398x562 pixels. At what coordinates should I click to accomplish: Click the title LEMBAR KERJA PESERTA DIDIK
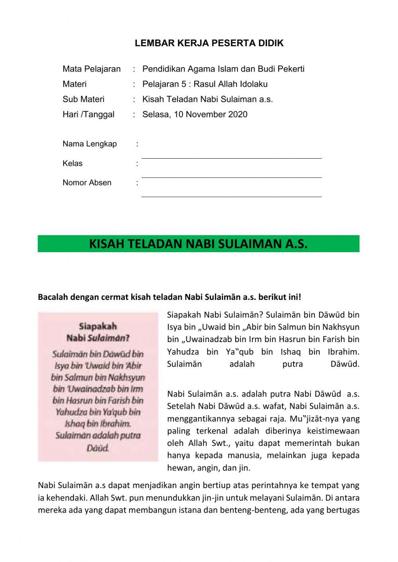[209, 43]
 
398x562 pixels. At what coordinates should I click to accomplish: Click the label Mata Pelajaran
[92, 69]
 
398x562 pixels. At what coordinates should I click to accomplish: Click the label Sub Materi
[83, 99]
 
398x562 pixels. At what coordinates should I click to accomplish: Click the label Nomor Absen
[87, 183]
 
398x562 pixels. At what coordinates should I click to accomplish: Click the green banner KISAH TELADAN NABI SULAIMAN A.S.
[198, 244]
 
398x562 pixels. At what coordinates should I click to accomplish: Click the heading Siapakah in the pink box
[98, 327]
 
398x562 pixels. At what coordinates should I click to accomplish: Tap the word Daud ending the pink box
[98, 448]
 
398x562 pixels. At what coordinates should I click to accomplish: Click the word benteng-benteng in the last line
[258, 510]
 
